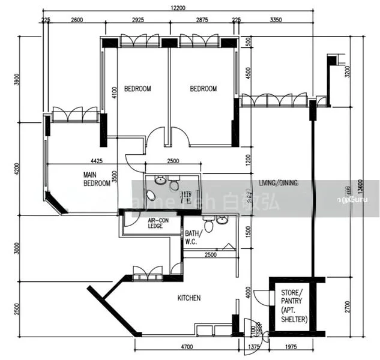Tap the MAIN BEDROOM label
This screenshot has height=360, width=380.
pyautogui.click(x=97, y=179)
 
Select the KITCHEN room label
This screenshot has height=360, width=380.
pyautogui.click(x=188, y=298)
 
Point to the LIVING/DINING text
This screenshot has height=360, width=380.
pyautogui.click(x=278, y=183)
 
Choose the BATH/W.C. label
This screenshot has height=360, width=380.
pyautogui.click(x=192, y=238)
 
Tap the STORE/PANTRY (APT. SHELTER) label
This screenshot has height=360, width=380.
pyautogui.click(x=294, y=307)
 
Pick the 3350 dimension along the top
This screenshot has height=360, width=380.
pyautogui.click(x=276, y=20)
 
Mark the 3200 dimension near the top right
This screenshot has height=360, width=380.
pyautogui.click(x=347, y=73)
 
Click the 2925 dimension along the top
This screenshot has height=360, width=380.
pyautogui.click(x=139, y=20)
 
